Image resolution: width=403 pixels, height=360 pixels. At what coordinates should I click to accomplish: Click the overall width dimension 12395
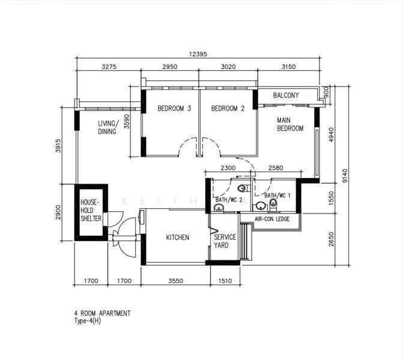point(198,54)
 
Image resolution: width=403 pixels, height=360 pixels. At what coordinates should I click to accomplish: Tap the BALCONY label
point(286,95)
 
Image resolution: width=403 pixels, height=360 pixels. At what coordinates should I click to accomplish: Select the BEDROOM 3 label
point(174,109)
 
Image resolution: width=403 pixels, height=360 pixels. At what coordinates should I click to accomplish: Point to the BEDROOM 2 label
point(228,109)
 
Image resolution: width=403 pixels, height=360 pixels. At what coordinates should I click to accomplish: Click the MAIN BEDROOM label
point(290,124)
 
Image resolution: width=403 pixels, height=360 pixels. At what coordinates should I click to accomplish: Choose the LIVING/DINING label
point(108,127)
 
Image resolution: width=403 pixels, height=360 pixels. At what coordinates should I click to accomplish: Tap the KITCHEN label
point(178,237)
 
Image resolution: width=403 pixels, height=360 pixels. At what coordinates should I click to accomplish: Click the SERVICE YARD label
point(225,241)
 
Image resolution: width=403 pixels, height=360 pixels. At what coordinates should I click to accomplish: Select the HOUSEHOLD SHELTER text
point(91,211)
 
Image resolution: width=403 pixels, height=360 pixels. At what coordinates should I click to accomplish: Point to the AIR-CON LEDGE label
point(272,219)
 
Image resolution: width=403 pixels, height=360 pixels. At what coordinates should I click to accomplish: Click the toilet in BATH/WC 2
point(244,189)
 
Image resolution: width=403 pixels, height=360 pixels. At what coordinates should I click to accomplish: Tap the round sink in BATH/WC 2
point(219,208)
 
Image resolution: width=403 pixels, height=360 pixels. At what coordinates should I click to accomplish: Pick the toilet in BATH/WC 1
point(273,205)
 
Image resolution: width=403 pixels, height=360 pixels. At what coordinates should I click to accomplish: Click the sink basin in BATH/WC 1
point(261,206)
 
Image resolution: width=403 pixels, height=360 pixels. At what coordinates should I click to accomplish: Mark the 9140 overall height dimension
point(345,176)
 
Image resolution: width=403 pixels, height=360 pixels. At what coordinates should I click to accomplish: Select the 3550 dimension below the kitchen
point(176,281)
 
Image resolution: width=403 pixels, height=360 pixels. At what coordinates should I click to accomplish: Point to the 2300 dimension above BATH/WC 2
point(228,168)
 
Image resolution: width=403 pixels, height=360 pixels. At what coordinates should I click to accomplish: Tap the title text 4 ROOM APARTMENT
point(102,313)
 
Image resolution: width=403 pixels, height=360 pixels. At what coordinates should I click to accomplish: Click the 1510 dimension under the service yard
point(225,281)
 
